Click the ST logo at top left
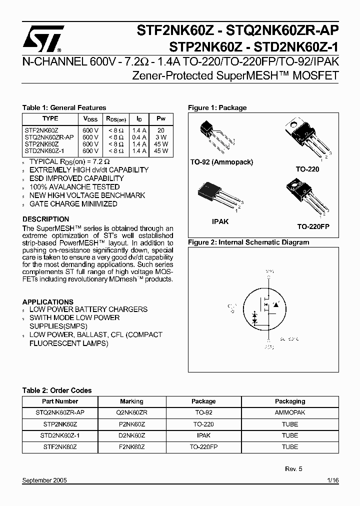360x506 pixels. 44,38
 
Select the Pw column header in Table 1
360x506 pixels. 161,119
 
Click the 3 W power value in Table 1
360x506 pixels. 161,137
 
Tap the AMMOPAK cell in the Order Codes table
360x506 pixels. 290,413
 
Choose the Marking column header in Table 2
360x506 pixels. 131,401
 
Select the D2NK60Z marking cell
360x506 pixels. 131,435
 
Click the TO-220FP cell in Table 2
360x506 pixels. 204,447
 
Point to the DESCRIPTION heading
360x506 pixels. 46,219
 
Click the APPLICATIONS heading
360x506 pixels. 48,302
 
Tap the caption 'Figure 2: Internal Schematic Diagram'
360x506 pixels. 248,242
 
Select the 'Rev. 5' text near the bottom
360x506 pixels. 293,469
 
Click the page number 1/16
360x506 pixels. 332,480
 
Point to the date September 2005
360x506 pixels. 44,480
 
